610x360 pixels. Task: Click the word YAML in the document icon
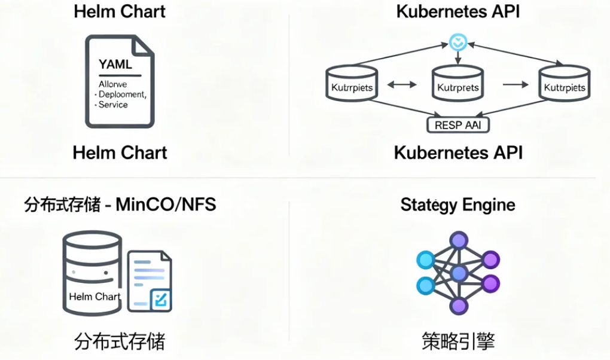115,63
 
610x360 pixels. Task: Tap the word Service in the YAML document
113,105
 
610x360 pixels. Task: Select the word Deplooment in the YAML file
122,94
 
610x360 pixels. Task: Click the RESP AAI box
458,125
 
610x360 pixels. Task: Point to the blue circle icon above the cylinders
457,42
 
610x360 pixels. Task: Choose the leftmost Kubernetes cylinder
352,87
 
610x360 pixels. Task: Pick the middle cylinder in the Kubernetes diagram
457,87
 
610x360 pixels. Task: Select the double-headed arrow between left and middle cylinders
402,85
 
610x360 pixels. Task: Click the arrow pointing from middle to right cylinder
513,85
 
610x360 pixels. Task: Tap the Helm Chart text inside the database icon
94,296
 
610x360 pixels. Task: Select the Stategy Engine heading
457,205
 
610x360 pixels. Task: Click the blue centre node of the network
459,273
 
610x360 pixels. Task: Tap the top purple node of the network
459,241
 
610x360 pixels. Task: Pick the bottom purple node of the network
459,306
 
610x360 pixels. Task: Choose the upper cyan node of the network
426,260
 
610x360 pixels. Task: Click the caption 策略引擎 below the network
458,341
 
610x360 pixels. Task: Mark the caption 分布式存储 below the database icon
120,341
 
